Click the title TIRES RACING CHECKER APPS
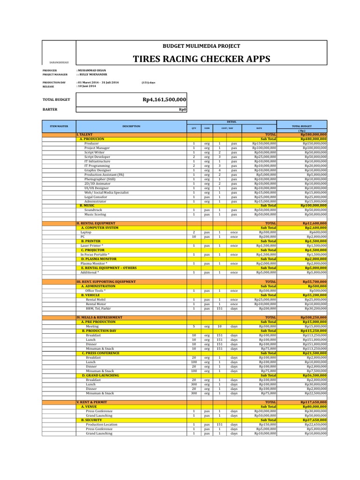(202, 59)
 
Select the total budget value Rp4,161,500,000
(165, 99)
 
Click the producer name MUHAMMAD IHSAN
(92, 70)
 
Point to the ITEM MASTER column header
(59, 126)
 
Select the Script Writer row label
(94, 152)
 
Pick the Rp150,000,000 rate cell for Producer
(264, 143)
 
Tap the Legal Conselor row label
(96, 197)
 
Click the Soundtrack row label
(93, 210)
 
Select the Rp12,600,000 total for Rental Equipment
(314, 224)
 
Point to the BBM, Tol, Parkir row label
(98, 308)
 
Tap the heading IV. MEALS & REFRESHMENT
(99, 317)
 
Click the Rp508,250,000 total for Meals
(314, 317)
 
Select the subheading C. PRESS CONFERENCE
(100, 353)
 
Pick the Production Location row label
(102, 424)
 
